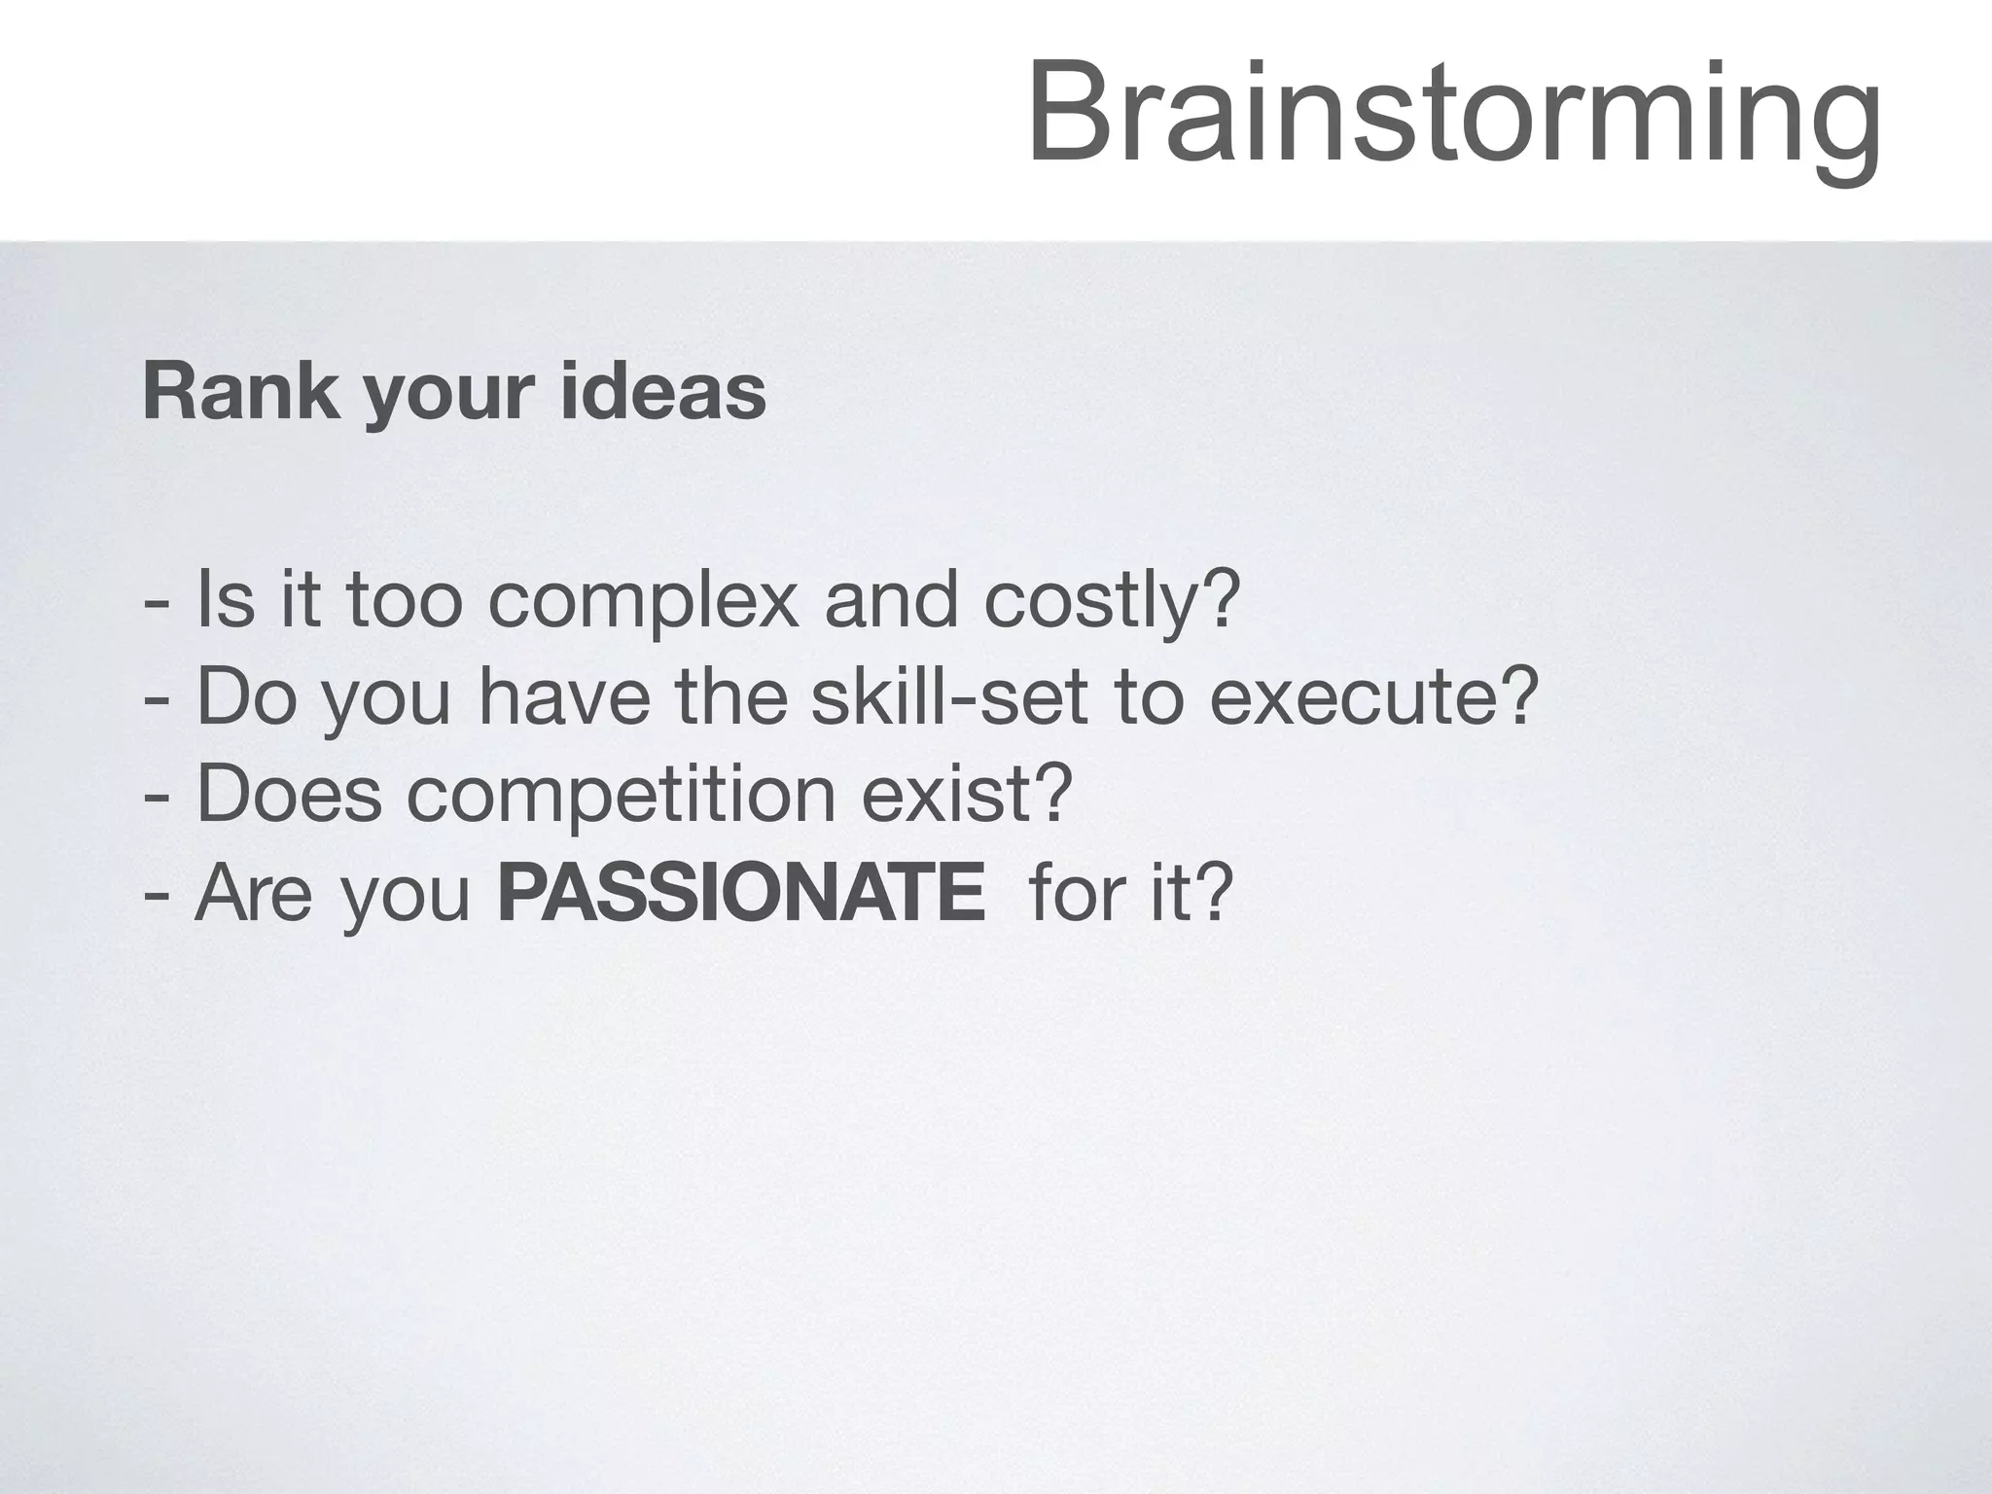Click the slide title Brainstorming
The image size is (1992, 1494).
(x=1453, y=115)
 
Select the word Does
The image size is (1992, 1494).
(x=289, y=795)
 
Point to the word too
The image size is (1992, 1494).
(x=404, y=601)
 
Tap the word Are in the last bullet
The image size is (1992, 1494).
(x=255, y=893)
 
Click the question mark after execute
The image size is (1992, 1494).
(x=1520, y=694)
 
